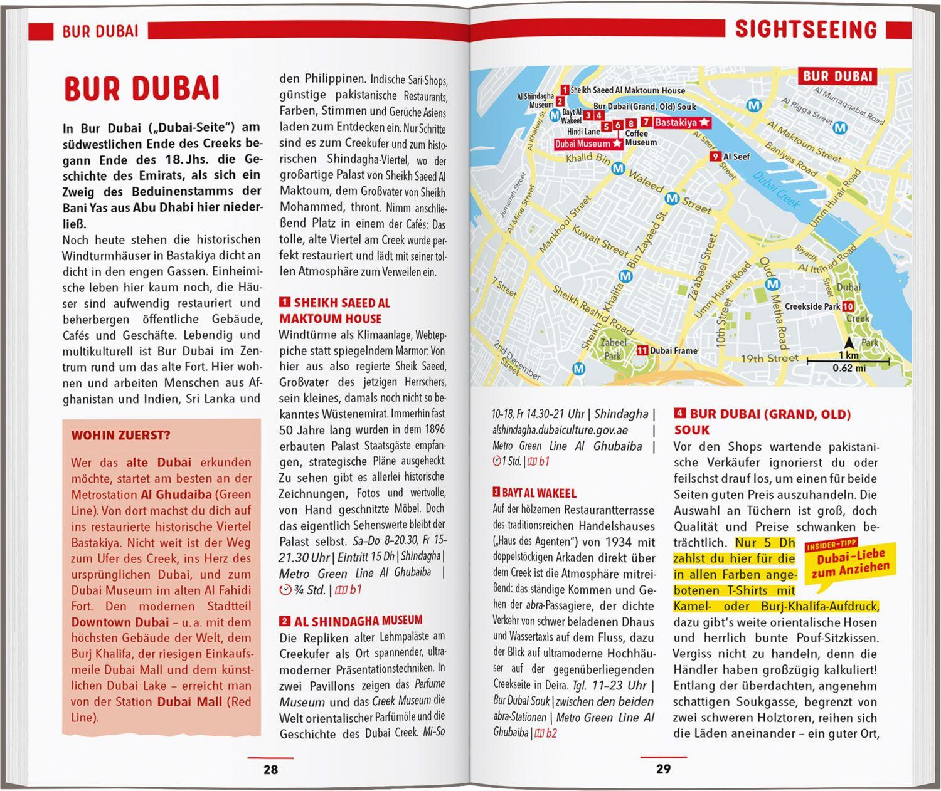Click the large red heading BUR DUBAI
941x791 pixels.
(142, 89)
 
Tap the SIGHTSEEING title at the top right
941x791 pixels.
(805, 29)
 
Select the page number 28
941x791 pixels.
(270, 769)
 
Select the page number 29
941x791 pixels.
(663, 769)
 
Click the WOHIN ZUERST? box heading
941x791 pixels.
(120, 436)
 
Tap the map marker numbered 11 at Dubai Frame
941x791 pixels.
(642, 350)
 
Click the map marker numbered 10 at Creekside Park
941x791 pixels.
(848, 306)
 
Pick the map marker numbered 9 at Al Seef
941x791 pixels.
(715, 157)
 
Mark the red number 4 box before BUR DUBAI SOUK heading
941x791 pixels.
(679, 414)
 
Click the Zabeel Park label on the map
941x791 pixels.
(613, 349)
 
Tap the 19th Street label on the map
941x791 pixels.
(769, 359)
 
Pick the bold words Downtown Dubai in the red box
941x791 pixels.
(120, 622)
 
